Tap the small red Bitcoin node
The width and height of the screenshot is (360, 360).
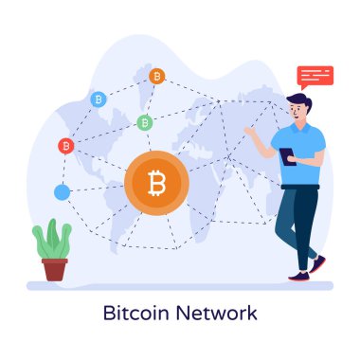click(x=65, y=145)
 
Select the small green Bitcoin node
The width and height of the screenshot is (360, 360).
click(x=144, y=122)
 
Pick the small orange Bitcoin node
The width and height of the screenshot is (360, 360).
click(x=157, y=75)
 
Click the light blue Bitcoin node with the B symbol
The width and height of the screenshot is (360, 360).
click(x=98, y=98)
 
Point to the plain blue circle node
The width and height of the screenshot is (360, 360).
click(x=63, y=192)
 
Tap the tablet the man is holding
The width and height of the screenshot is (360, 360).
click(x=288, y=156)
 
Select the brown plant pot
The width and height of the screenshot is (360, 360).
click(x=55, y=269)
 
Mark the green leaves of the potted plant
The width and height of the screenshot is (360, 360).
click(x=52, y=241)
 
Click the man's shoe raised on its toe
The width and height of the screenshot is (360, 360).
click(x=318, y=263)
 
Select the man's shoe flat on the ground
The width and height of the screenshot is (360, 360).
click(x=299, y=276)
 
